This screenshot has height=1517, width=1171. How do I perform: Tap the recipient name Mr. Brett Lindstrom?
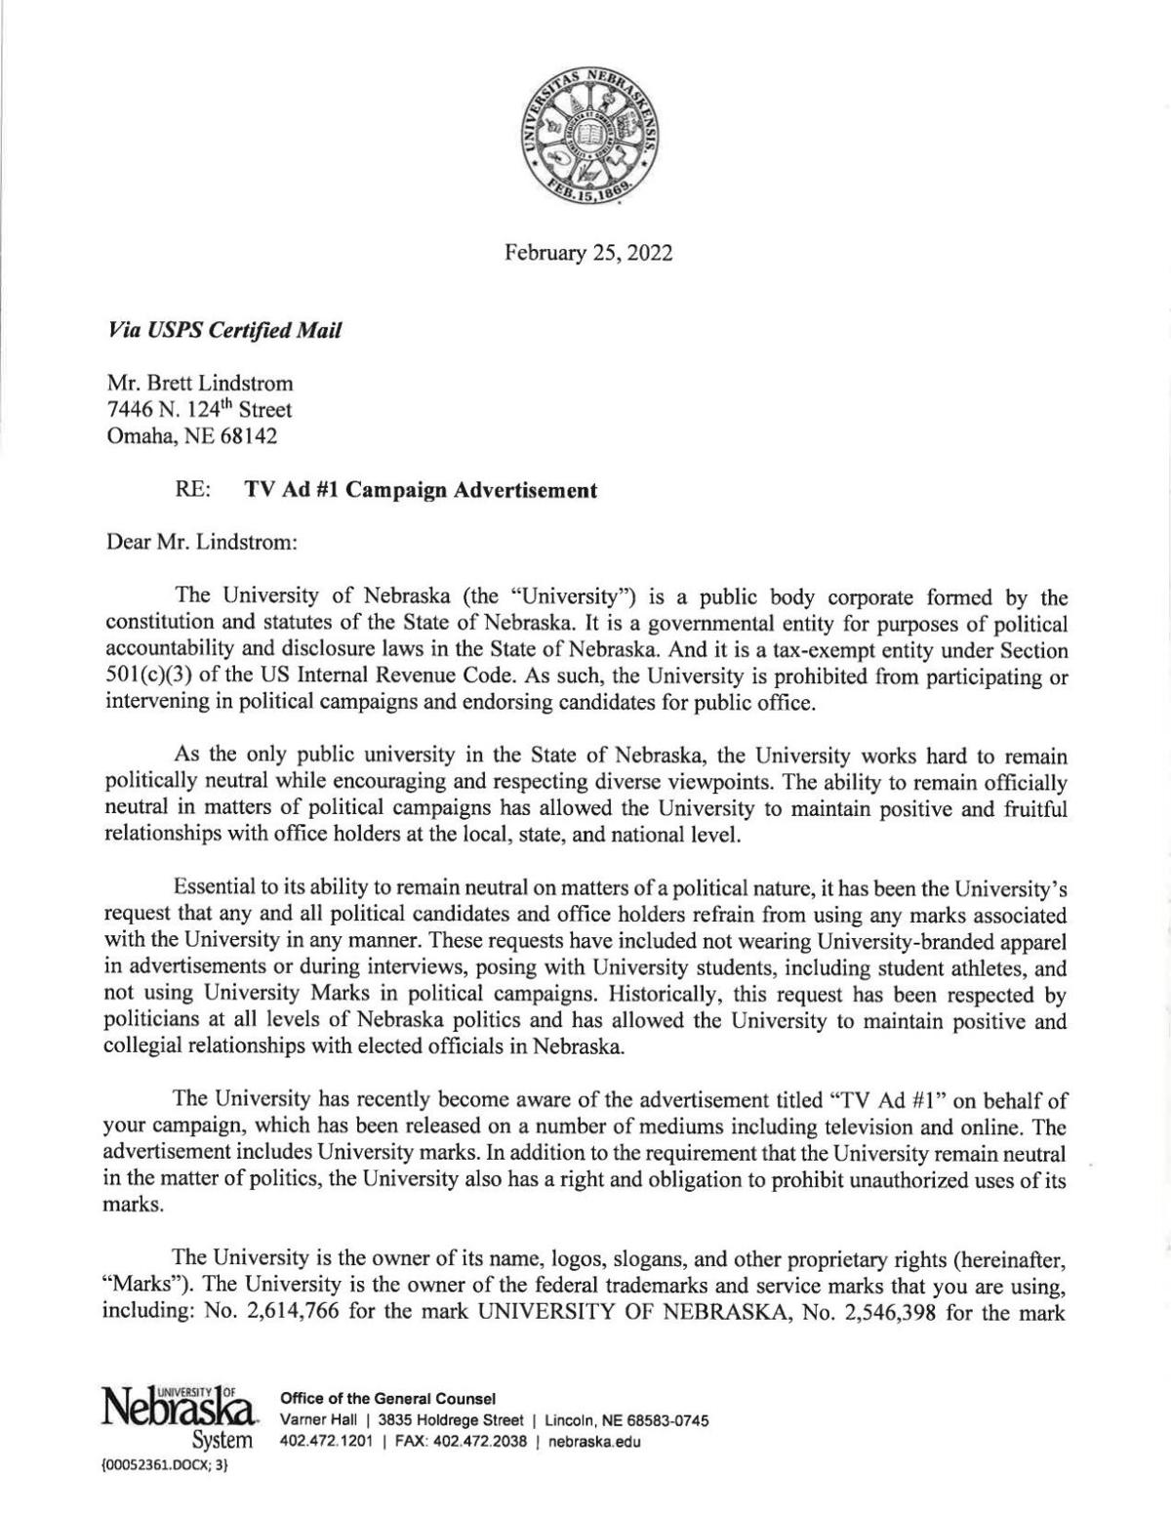click(199, 385)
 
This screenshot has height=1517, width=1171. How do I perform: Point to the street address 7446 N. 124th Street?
click(199, 411)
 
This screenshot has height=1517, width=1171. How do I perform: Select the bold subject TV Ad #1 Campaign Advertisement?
click(419, 490)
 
